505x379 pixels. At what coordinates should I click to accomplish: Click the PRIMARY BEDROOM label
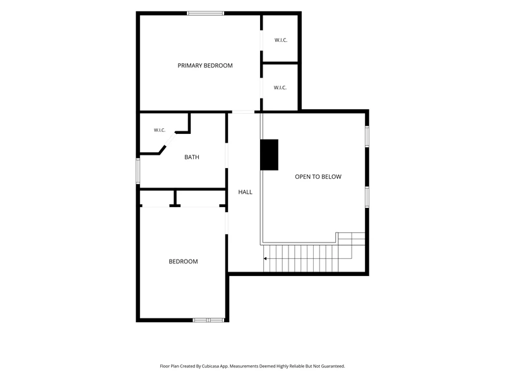click(x=205, y=66)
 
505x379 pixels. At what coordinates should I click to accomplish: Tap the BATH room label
click(x=192, y=157)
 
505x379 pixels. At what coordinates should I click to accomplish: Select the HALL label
click(x=245, y=192)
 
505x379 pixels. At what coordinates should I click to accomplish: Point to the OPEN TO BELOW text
click(x=318, y=177)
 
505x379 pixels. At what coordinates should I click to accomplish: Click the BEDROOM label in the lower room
click(x=183, y=262)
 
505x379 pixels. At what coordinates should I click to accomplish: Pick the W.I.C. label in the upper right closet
click(x=281, y=40)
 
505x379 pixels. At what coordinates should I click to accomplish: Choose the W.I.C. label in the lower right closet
click(x=280, y=87)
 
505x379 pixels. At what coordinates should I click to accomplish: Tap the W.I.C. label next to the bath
click(x=160, y=130)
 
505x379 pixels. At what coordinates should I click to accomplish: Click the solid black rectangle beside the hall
click(x=270, y=155)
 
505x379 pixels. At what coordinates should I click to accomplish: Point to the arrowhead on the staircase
click(x=265, y=258)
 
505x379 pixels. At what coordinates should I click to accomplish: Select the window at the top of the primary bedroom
click(x=206, y=13)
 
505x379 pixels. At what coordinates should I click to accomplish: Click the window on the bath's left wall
click(x=138, y=171)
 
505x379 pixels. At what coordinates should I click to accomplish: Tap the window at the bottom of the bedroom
click(x=209, y=320)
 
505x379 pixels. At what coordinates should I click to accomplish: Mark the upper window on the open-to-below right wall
click(x=367, y=136)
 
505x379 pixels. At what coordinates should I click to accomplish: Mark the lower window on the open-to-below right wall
click(x=367, y=197)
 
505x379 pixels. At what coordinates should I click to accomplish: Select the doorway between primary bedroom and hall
click(x=243, y=112)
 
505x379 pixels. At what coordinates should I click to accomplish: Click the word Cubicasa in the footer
click(x=211, y=366)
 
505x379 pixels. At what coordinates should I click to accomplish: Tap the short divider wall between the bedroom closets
click(x=175, y=198)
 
